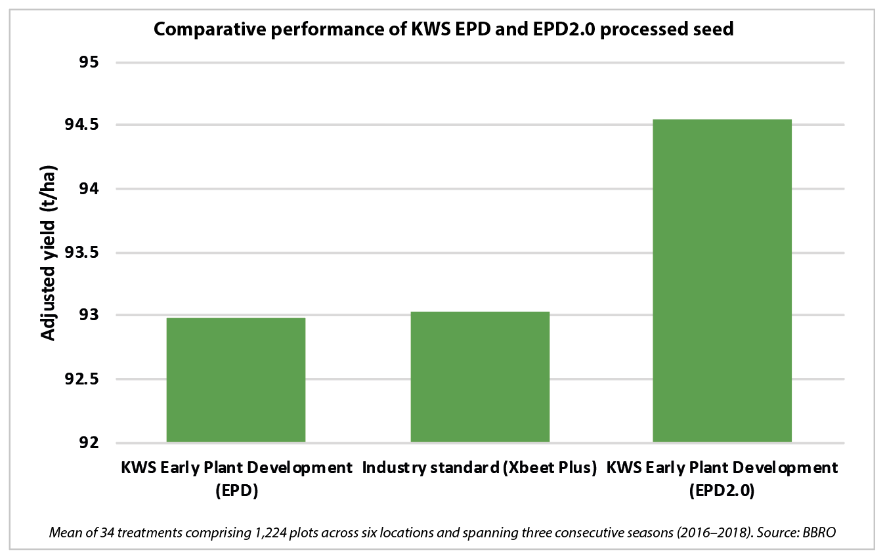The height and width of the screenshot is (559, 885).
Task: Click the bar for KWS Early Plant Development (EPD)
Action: pos(236,380)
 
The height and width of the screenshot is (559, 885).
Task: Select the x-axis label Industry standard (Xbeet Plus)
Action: pos(480,468)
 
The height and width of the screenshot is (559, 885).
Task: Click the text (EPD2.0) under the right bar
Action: pos(722,489)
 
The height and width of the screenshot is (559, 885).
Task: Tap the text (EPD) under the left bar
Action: pos(236,489)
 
